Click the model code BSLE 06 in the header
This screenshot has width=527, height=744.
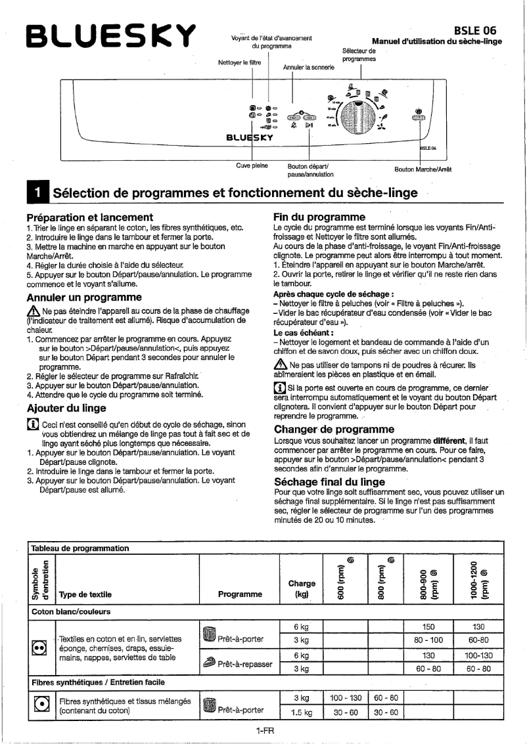[x=474, y=30]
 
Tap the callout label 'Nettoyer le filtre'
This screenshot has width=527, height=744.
[x=239, y=63]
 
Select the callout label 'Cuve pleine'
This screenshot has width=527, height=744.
[x=252, y=165]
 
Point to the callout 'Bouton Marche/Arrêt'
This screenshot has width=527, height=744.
[x=423, y=169]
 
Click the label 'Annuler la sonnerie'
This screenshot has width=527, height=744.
[x=308, y=67]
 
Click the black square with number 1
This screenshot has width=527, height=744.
[x=37, y=193]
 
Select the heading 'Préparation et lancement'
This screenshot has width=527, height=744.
[x=89, y=217]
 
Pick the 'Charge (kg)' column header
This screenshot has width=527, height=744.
[x=302, y=588]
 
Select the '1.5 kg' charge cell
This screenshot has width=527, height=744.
[x=302, y=712]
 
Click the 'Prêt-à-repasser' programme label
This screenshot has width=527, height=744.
[x=246, y=664]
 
